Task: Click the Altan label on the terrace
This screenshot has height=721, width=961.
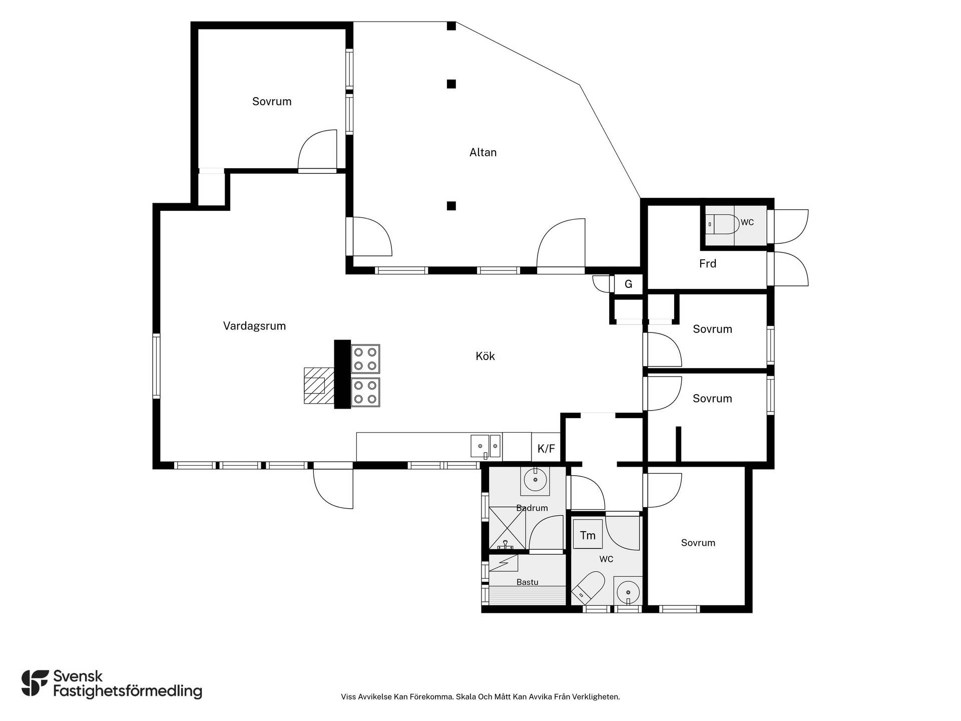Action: (483, 152)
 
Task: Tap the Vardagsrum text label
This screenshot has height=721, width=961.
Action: (254, 326)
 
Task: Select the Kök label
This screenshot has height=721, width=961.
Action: (485, 356)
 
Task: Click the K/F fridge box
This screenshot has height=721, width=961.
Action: (546, 447)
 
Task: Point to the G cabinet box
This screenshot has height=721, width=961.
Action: (628, 284)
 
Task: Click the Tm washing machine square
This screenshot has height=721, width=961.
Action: (588, 535)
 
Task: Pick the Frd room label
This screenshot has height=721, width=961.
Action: (708, 263)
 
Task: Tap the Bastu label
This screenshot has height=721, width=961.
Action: (528, 582)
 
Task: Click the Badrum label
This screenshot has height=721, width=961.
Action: (532, 508)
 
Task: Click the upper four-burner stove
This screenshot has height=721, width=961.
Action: (365, 359)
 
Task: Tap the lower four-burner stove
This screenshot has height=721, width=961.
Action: (365, 392)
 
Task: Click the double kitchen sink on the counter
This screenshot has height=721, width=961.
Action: (486, 446)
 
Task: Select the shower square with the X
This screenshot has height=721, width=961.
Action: (508, 528)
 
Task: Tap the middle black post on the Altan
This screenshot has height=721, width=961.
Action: (451, 84)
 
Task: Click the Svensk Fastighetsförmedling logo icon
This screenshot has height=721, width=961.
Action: (36, 683)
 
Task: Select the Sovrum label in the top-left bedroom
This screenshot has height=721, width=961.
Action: (272, 102)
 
